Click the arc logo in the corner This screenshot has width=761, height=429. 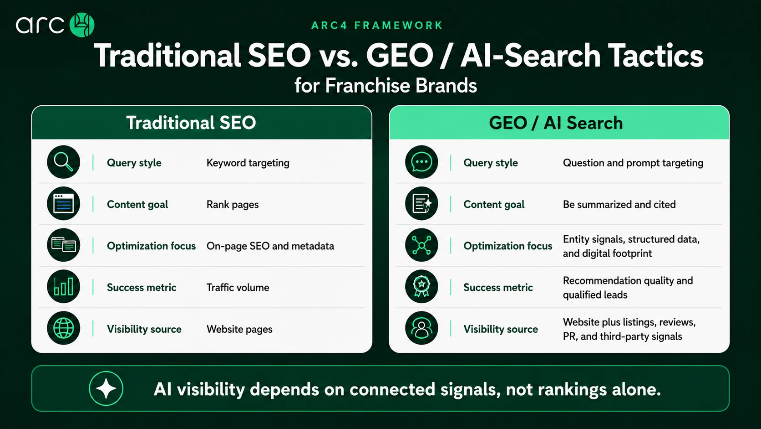tap(55, 25)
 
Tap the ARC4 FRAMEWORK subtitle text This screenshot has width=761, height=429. tap(377, 26)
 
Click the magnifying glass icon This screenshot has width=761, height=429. tap(64, 162)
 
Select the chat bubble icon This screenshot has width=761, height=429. tap(421, 162)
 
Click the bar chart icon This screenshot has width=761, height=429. tap(64, 286)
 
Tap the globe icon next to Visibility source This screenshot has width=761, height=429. tap(64, 328)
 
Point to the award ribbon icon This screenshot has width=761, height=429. tap(421, 286)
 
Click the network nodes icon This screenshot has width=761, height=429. tap(421, 245)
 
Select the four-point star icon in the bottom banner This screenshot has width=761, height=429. tap(106, 388)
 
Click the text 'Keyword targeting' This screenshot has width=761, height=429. tap(248, 163)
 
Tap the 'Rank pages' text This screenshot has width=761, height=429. tap(233, 204)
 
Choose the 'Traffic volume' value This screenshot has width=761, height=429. tap(238, 288)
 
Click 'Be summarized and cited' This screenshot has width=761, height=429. tap(619, 204)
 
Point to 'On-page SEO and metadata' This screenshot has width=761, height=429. tap(270, 246)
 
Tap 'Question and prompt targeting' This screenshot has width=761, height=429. tap(633, 163)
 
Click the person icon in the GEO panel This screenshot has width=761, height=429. tap(421, 328)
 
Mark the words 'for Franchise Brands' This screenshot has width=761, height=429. tap(386, 85)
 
